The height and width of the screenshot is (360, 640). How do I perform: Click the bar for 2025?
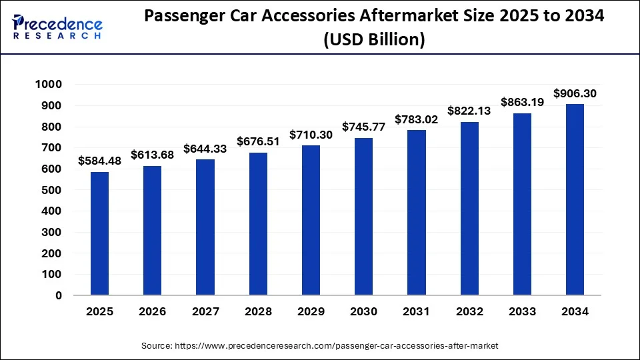pos(99,233)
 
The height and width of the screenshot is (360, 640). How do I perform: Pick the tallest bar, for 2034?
pos(575,199)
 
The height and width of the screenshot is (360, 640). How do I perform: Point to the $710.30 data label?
pos(311,135)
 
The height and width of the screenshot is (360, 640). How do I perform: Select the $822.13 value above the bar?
pos(469,111)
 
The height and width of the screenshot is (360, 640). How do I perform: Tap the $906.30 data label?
pos(575,93)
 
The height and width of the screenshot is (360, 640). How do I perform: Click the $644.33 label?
pos(205,148)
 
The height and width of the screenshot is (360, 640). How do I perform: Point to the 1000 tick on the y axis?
pos(49,84)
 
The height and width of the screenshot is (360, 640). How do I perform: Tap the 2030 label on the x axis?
pos(364,312)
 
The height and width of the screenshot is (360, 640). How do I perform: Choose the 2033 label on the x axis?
pos(522,312)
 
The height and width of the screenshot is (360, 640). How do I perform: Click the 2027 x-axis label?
pos(205,312)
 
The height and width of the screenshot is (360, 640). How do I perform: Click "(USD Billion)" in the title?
pos(373,40)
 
